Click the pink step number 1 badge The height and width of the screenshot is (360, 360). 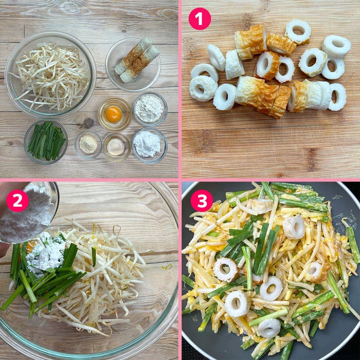200,19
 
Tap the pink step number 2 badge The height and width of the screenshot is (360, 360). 17,201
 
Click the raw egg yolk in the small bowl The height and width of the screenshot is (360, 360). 113,114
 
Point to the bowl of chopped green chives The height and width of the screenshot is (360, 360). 46,141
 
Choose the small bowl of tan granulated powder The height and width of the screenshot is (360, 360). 88,145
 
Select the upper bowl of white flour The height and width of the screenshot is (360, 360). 150,109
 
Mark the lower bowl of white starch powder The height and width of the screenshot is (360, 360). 149,145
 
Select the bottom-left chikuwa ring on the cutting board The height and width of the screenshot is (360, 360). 203,88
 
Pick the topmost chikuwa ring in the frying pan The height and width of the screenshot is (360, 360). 294,227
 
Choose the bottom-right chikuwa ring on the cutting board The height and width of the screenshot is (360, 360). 337,97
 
